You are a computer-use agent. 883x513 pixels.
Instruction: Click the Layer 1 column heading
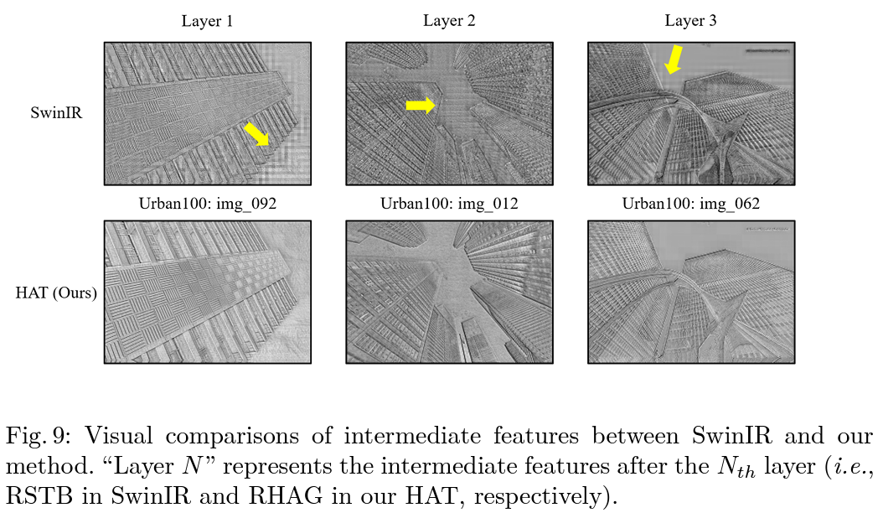(207, 21)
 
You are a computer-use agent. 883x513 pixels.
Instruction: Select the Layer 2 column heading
(449, 21)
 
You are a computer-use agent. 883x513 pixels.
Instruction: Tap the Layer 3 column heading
(690, 21)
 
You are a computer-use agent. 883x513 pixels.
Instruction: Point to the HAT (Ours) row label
(56, 293)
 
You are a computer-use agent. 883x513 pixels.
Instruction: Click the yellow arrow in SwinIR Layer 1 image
(257, 133)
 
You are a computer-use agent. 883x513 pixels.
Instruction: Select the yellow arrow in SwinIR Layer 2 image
(421, 104)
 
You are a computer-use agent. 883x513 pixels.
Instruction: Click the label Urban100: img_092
(208, 204)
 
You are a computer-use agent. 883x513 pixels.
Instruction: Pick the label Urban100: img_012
(449, 204)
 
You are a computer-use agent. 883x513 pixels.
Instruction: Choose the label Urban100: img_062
(691, 204)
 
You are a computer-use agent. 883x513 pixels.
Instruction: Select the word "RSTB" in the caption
(36, 495)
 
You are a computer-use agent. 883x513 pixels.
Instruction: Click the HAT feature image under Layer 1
(208, 292)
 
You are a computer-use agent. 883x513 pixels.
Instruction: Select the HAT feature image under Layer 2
(449, 292)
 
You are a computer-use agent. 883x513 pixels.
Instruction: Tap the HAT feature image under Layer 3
(691, 292)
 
